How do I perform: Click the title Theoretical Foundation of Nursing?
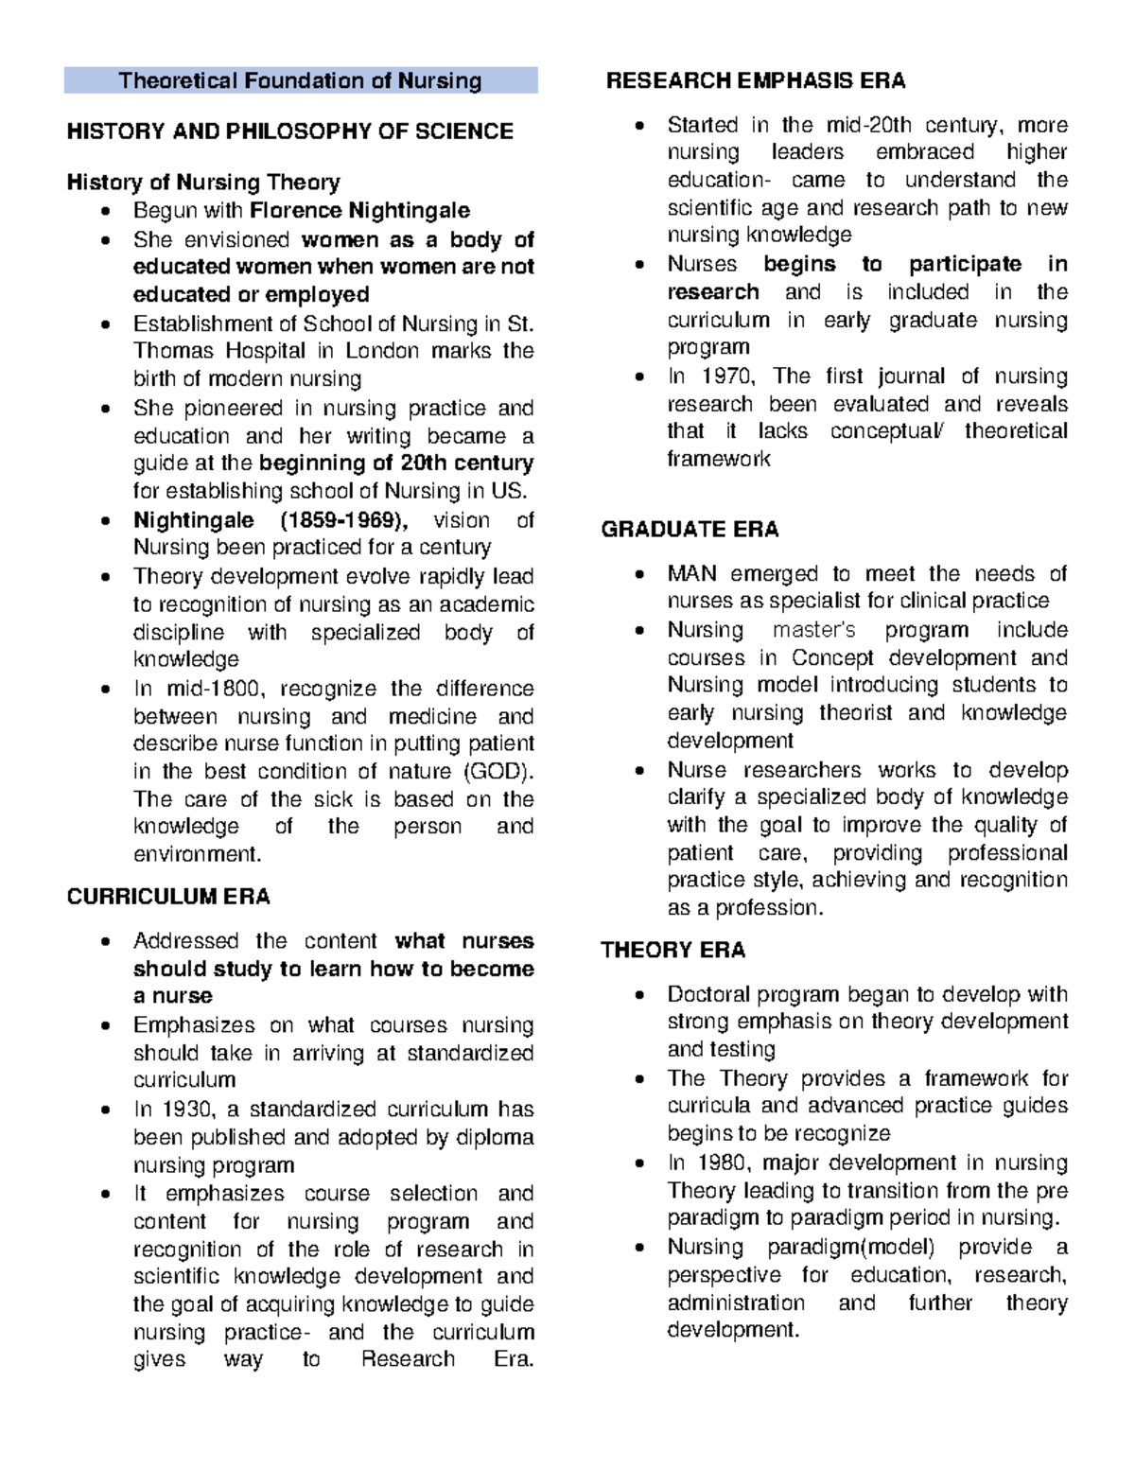tap(300, 80)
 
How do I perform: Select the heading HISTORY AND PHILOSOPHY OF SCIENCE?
tap(289, 131)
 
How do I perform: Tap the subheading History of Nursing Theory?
tap(203, 182)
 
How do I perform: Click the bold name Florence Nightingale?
tap(359, 210)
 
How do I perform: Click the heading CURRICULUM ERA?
tap(168, 897)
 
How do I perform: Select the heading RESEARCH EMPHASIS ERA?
tap(755, 80)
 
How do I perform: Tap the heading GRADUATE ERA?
tap(690, 530)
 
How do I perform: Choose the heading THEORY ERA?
tap(673, 950)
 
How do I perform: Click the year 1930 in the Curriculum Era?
tap(184, 1109)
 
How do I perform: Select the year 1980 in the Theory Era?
tap(724, 1163)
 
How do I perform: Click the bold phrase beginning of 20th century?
tap(395, 463)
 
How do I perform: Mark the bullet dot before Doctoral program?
tap(640, 995)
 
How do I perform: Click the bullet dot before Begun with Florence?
tap(106, 211)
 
